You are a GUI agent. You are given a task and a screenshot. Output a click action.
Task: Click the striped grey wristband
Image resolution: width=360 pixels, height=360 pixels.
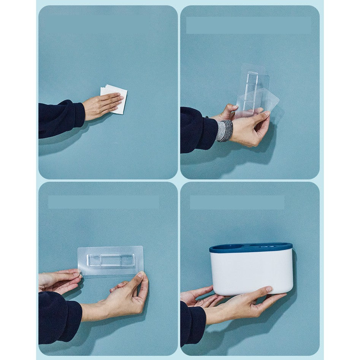(225, 131)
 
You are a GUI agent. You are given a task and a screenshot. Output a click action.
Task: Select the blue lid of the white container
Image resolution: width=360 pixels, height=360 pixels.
(251, 248)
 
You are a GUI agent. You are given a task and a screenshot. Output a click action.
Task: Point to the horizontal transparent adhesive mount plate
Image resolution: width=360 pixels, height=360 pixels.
(110, 260)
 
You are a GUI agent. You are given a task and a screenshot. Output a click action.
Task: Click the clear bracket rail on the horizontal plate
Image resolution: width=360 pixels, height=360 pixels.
(110, 260)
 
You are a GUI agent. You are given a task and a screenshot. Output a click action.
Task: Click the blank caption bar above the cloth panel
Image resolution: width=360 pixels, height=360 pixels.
(97, 24)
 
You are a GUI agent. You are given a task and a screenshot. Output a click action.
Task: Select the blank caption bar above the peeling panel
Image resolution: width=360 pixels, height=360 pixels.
(248, 25)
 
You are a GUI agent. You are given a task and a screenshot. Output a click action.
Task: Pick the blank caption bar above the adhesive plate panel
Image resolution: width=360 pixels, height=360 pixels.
(103, 202)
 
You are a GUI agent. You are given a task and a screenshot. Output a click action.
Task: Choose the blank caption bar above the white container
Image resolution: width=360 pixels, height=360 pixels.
(237, 203)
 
